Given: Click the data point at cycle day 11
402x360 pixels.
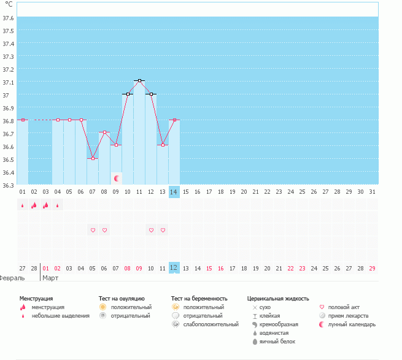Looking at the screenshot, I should click(140, 81).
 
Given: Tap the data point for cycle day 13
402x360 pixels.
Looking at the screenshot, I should click(163, 145).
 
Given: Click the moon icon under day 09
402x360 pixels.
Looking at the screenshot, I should click(117, 178).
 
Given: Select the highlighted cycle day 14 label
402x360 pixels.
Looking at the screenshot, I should click(174, 192).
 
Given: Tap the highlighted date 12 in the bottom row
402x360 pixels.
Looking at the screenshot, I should click(174, 268).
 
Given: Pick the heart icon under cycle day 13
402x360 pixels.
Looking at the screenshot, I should click(163, 230).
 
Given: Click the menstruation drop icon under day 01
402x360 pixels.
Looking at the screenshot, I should click(23, 205).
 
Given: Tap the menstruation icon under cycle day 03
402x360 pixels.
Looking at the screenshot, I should click(46, 205).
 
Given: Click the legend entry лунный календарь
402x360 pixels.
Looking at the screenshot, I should click(352, 324).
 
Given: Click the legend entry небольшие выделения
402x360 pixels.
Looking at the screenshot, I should click(61, 316).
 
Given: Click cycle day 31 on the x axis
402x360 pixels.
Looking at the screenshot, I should click(372, 192).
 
